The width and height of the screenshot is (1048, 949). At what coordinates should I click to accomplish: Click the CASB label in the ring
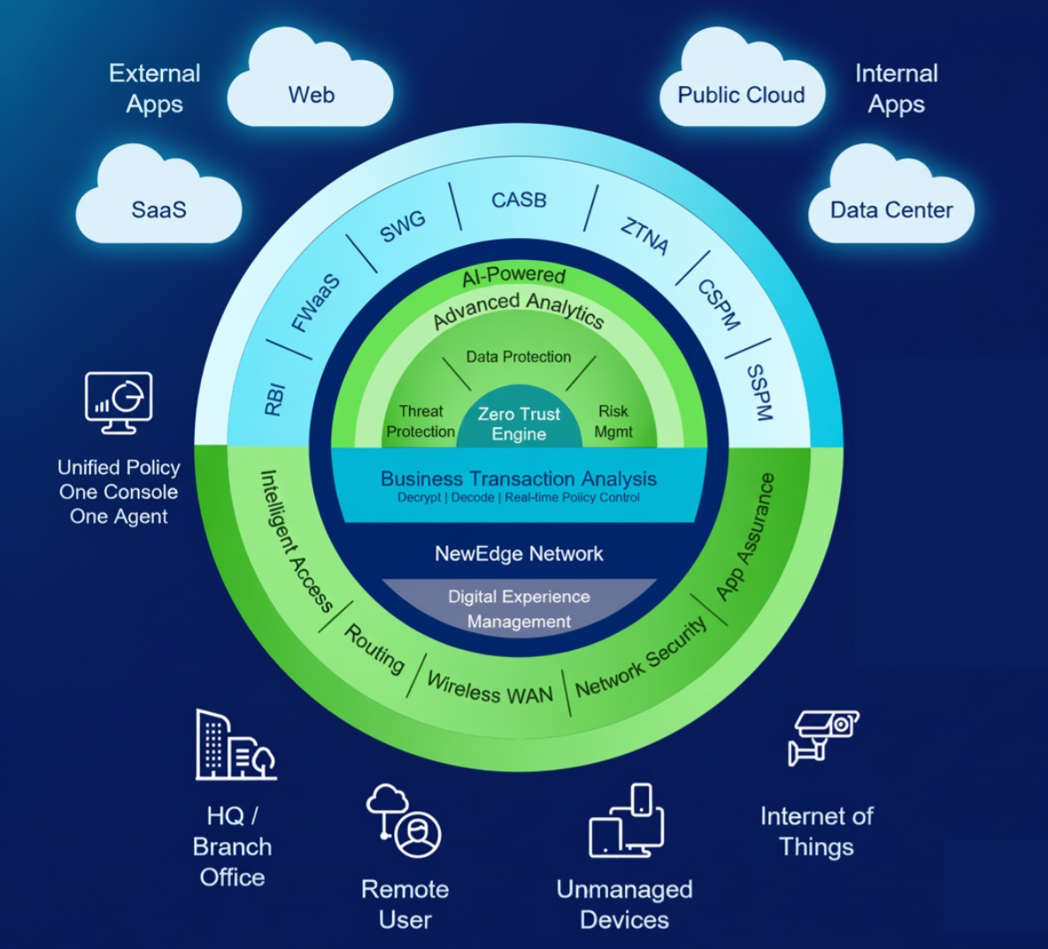(x=520, y=200)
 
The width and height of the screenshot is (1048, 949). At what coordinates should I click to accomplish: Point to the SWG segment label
(x=403, y=226)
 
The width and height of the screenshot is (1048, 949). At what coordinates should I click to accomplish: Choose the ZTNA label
(x=644, y=235)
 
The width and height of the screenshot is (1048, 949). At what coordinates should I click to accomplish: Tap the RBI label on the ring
(x=275, y=400)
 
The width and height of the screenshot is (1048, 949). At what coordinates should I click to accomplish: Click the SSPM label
(x=759, y=392)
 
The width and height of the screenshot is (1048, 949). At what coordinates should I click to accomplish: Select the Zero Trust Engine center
(x=519, y=424)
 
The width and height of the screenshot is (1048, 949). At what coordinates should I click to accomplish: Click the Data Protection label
(x=519, y=356)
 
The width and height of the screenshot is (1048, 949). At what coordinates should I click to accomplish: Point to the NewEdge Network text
(x=519, y=554)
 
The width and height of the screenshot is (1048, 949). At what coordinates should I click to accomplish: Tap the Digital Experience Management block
(x=519, y=608)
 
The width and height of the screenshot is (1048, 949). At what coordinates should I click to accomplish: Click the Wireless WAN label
(x=489, y=688)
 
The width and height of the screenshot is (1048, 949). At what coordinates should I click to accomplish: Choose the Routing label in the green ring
(x=374, y=648)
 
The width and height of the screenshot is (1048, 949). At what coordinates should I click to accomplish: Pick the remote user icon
(x=404, y=821)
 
